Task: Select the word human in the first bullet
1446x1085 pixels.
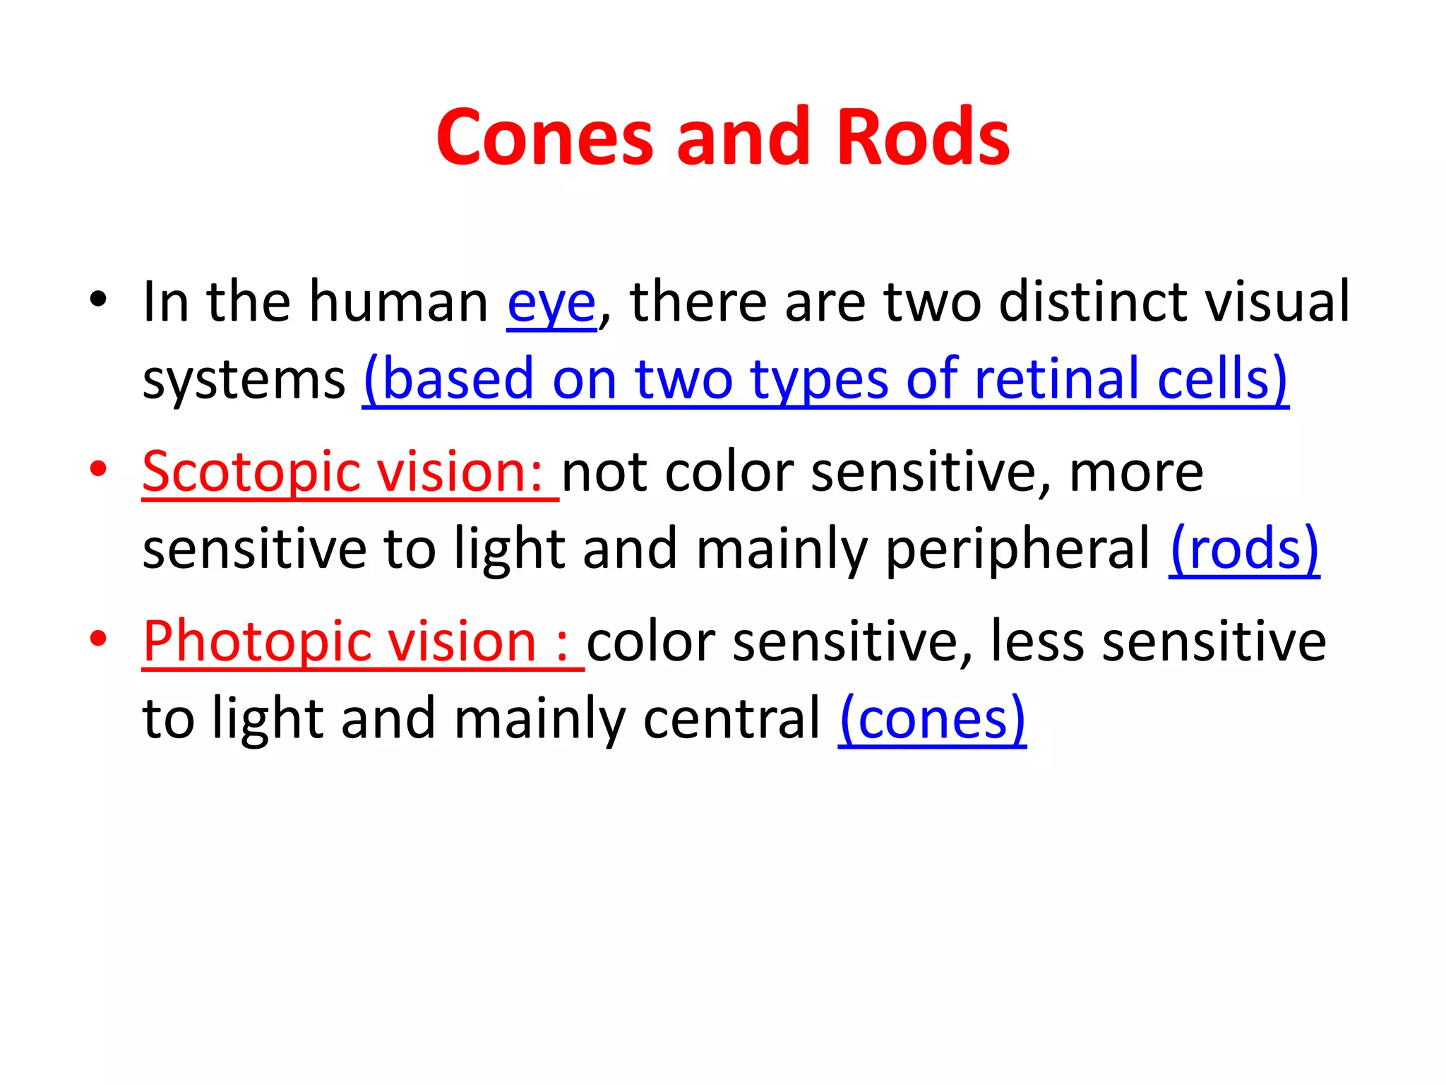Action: click(399, 302)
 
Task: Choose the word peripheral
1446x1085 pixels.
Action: click(1017, 550)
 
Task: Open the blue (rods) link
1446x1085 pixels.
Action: click(1244, 549)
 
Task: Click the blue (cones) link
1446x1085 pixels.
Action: click(932, 718)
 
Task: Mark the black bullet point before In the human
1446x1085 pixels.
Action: click(98, 300)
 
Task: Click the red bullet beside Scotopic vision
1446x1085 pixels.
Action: click(98, 469)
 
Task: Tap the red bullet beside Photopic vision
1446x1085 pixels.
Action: click(98, 639)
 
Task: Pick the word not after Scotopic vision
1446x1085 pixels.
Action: click(604, 472)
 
